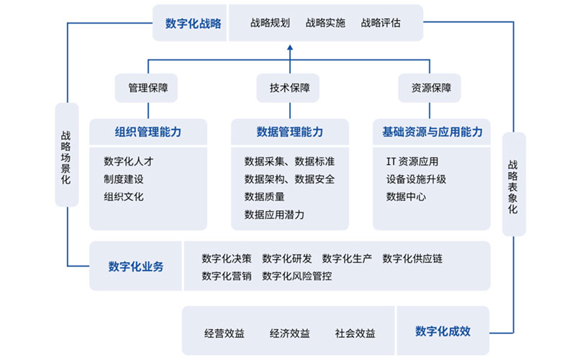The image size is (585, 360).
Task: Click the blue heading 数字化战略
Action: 194,24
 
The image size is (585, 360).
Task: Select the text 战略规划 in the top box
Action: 270,23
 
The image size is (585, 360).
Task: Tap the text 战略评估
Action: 381,23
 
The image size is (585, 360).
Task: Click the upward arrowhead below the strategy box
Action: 290,48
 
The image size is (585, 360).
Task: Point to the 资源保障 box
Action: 430,88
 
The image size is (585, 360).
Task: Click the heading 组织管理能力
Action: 148,132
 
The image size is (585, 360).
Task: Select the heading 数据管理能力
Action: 290,132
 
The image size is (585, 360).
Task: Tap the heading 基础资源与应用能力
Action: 432,132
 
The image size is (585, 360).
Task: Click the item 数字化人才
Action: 129,161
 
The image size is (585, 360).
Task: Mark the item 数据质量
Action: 265,197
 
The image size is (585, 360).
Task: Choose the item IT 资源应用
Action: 412,161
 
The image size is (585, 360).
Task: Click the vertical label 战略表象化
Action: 513,186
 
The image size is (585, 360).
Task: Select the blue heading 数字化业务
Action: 136,266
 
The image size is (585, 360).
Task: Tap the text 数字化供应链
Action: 412,258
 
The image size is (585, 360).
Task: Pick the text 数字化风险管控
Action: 297,276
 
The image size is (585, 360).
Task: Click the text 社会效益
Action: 355,333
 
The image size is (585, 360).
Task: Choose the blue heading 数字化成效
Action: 443,331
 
